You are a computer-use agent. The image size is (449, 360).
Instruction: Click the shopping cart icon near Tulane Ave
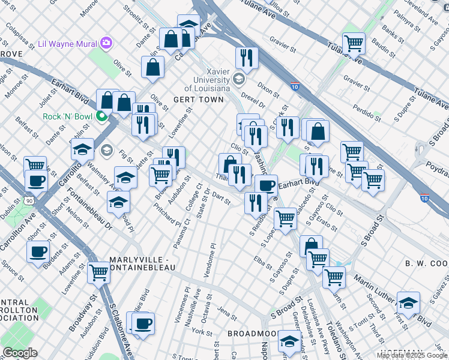(354, 43)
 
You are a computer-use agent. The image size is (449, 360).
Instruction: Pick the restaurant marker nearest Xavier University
(246, 58)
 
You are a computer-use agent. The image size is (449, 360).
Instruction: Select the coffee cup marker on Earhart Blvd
(265, 185)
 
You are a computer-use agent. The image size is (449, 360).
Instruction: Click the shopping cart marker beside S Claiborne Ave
(99, 272)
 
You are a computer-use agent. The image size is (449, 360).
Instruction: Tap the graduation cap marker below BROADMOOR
(289, 343)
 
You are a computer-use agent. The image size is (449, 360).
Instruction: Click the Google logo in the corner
(19, 353)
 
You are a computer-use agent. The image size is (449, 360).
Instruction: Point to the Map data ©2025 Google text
(412, 355)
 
